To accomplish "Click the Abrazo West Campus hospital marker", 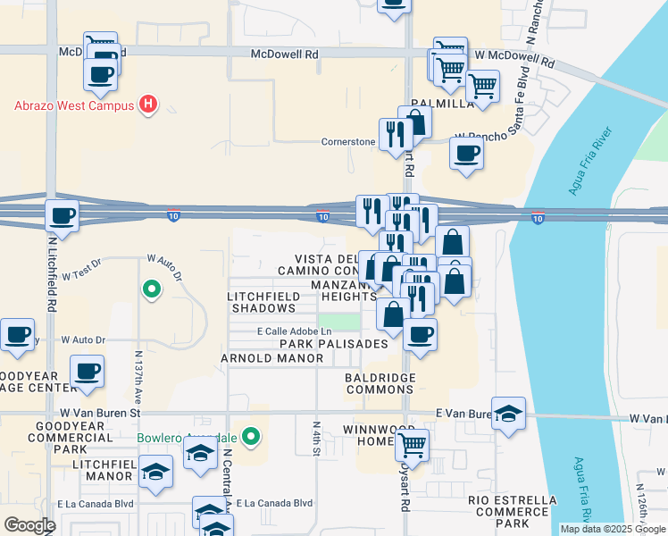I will pos(149,105).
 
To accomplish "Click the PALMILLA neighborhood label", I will pos(442,104).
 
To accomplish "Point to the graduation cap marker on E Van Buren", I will pos(508,414).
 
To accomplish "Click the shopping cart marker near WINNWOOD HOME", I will pos(412,444).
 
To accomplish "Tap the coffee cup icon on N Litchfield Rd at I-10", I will pos(62,215).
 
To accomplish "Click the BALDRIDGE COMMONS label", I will pos(380,383).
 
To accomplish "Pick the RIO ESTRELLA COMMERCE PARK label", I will pos(511,506).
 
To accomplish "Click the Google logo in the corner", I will pos(29,525).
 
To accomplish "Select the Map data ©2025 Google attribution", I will pos(612,529).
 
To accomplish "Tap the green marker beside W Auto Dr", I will pos(151,289).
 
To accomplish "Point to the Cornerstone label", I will pos(349,142).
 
